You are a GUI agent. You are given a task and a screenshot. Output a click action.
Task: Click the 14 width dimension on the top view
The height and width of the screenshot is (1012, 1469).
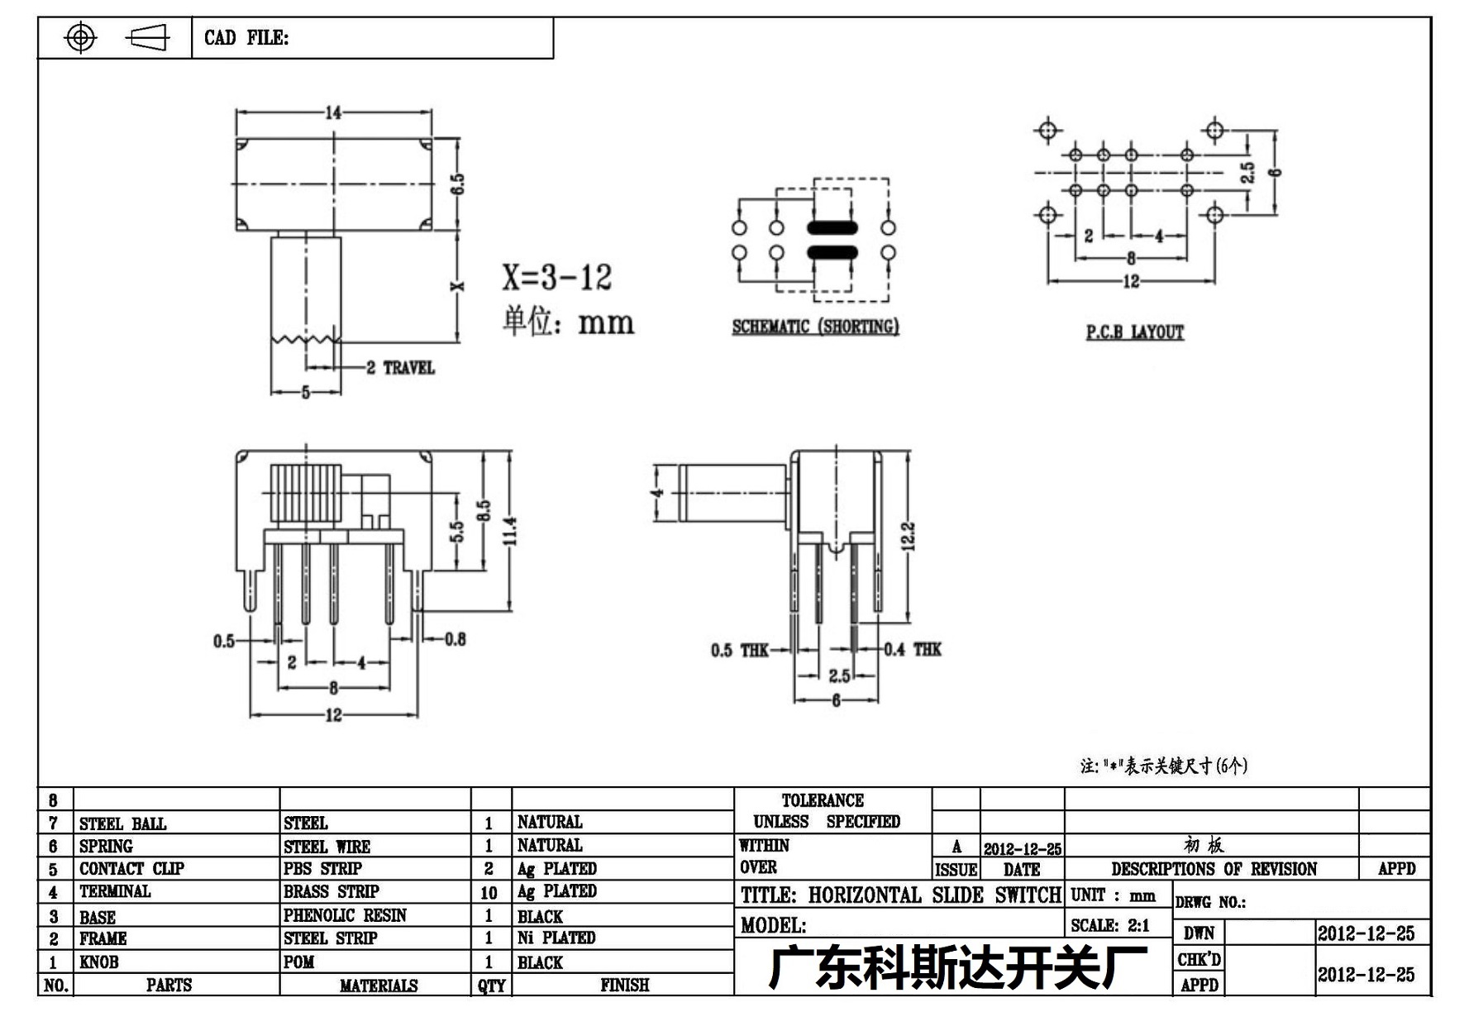pyautogui.click(x=333, y=112)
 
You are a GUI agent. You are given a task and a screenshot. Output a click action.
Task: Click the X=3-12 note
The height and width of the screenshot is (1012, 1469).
pyautogui.click(x=557, y=277)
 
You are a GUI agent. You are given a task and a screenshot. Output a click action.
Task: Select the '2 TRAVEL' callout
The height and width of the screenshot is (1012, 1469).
pyautogui.click(x=400, y=368)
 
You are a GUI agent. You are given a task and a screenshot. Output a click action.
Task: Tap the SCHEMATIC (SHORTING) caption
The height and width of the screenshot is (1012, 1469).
pyautogui.click(x=815, y=327)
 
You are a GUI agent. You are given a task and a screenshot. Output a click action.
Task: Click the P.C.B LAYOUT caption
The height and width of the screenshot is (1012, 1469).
pyautogui.click(x=1134, y=332)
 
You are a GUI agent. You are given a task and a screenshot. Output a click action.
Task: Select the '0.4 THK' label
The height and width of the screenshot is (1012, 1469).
pyautogui.click(x=912, y=650)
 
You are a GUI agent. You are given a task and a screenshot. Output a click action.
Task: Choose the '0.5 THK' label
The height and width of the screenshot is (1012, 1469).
pyautogui.click(x=740, y=651)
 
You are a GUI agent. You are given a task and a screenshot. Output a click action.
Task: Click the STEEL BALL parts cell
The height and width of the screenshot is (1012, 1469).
pyautogui.click(x=122, y=823)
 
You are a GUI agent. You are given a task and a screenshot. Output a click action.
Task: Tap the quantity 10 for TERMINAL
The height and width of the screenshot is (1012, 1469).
pyautogui.click(x=489, y=893)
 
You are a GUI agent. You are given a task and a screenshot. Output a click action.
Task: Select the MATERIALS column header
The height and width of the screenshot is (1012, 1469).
pyautogui.click(x=379, y=986)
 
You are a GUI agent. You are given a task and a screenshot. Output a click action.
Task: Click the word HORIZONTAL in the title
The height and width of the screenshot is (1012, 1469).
pyautogui.click(x=865, y=895)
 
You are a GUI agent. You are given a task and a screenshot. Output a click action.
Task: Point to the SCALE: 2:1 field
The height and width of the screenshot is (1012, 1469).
pyautogui.click(x=1109, y=926)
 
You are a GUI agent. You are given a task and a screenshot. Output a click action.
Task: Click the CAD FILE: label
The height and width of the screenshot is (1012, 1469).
pyautogui.click(x=246, y=38)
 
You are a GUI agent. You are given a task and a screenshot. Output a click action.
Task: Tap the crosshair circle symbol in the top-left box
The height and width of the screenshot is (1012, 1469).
pyautogui.click(x=80, y=37)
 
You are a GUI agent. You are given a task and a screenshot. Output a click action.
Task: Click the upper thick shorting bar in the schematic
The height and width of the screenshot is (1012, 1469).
pyautogui.click(x=832, y=227)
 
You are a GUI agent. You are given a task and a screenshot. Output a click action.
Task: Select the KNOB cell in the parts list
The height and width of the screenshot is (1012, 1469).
pyautogui.click(x=99, y=962)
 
